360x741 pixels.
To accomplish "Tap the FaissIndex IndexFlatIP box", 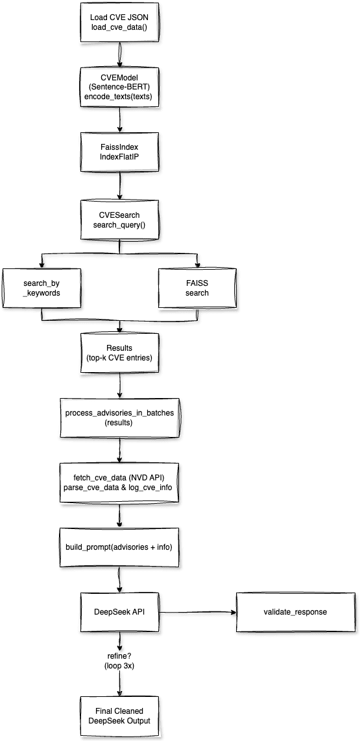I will (x=120, y=152).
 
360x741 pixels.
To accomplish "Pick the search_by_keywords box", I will (x=42, y=287).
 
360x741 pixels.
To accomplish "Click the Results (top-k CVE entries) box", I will (x=120, y=353).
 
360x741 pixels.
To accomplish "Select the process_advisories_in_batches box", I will (x=120, y=418).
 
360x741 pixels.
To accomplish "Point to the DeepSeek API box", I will (x=120, y=611).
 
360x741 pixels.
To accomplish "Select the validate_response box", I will (x=294, y=611).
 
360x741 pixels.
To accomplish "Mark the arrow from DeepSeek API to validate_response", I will (x=197, y=611).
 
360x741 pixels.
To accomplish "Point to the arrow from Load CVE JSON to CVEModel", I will (x=120, y=54).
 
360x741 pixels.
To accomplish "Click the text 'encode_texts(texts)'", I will (x=120, y=97).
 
